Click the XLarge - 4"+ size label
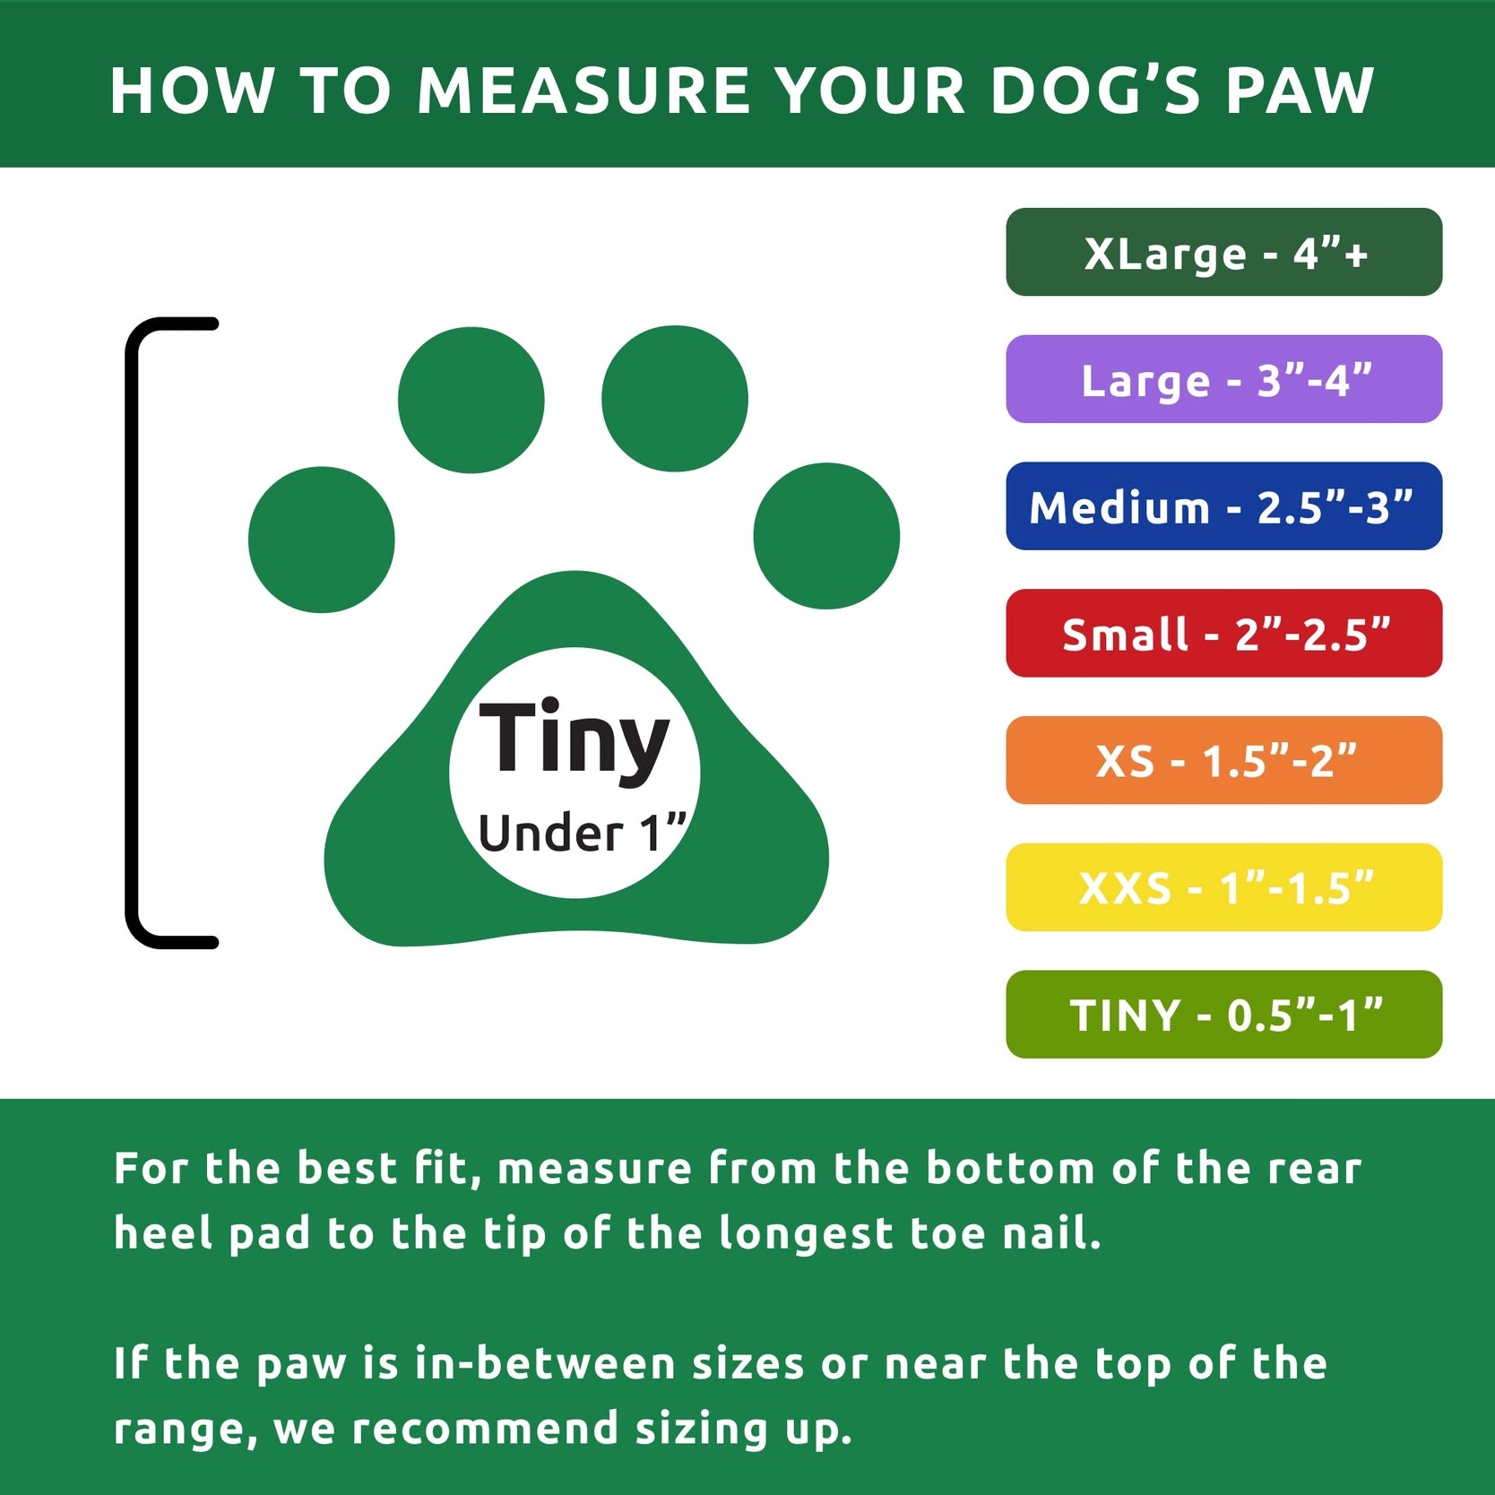coord(1223,253)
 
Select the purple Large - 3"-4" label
coord(1223,379)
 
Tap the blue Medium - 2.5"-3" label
coord(1223,506)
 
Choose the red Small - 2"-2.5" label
coord(1223,634)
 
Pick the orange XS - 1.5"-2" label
coord(1223,760)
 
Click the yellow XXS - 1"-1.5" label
coord(1223,887)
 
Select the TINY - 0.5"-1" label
coord(1223,1015)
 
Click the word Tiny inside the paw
coord(574,739)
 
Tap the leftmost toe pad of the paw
coord(321,540)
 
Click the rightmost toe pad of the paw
coord(826,536)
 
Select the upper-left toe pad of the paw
coord(471,400)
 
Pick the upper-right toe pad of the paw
coord(674,398)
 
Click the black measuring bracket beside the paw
coord(133,632)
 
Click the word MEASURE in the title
coord(583,91)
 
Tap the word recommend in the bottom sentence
coord(485,1429)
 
